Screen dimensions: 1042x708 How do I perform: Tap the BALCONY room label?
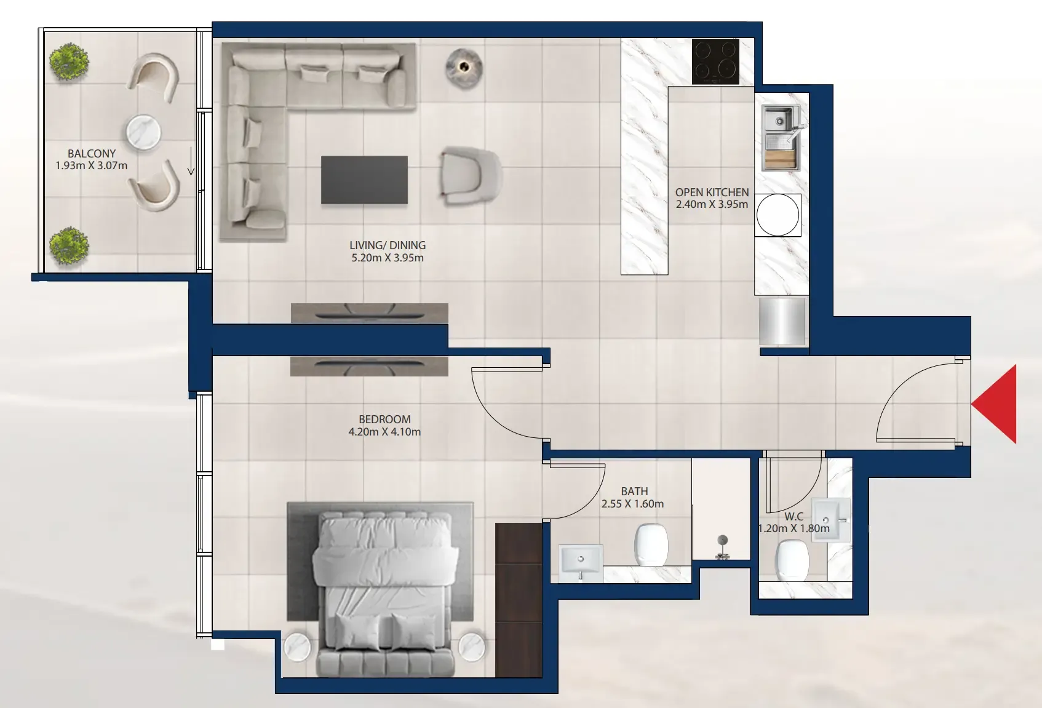(x=92, y=154)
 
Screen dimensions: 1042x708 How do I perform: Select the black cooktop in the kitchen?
(x=715, y=62)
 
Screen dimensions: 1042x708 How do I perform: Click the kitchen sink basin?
(x=780, y=137)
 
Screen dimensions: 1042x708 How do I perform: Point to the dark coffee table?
(x=364, y=180)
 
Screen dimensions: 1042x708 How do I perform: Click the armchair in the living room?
(x=471, y=176)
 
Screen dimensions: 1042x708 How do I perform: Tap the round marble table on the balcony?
(x=144, y=133)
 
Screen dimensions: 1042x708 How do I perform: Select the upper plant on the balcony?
(x=70, y=63)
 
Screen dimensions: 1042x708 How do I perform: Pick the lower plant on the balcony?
(x=70, y=246)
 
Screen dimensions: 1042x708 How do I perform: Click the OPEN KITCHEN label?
(x=712, y=192)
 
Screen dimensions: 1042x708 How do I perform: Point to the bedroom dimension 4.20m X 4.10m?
(x=384, y=432)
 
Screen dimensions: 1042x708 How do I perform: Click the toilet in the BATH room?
(x=651, y=545)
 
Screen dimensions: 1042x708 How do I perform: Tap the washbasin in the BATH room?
(x=581, y=562)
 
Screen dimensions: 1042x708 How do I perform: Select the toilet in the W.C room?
(x=792, y=560)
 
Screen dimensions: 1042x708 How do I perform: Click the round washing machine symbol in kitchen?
(x=778, y=215)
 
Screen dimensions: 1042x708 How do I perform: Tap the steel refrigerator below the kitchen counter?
(x=782, y=322)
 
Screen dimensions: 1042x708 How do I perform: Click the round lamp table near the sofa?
(x=464, y=68)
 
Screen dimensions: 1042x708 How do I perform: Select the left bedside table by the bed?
(x=297, y=646)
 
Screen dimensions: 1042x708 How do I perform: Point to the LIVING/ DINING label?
(x=388, y=245)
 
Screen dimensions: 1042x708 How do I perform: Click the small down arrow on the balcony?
(x=191, y=161)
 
